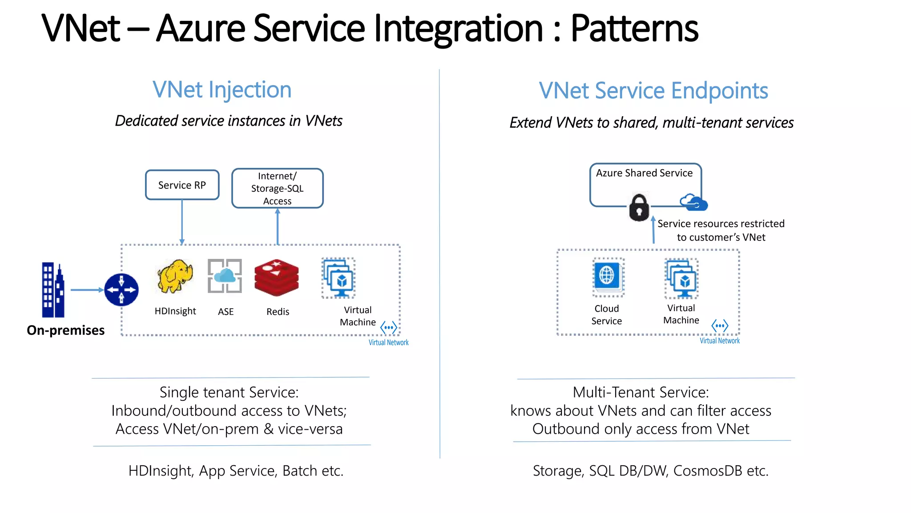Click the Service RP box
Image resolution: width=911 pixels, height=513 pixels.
pyautogui.click(x=182, y=185)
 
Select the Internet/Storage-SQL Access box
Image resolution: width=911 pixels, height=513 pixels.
pyautogui.click(x=277, y=188)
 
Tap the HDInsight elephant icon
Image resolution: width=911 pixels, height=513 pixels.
pyautogui.click(x=175, y=277)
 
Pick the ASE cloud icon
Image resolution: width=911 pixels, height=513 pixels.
pyautogui.click(x=225, y=276)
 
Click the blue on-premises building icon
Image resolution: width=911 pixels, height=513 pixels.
pyautogui.click(x=53, y=290)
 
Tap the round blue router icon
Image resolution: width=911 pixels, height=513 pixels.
pyautogui.click(x=121, y=290)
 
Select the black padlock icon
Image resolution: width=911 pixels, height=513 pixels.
pyautogui.click(x=639, y=208)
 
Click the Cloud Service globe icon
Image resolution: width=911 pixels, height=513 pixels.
pyautogui.click(x=607, y=277)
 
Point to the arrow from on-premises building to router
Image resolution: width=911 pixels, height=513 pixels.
pyautogui.click(x=87, y=290)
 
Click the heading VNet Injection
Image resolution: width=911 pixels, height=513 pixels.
pyautogui.click(x=222, y=90)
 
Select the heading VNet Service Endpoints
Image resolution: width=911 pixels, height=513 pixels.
pyautogui.click(x=653, y=91)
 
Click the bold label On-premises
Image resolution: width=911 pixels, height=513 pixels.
pyautogui.click(x=66, y=330)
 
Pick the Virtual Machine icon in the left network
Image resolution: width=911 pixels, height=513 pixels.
pyautogui.click(x=339, y=278)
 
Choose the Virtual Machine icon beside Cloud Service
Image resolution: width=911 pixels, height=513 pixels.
pyautogui.click(x=681, y=279)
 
